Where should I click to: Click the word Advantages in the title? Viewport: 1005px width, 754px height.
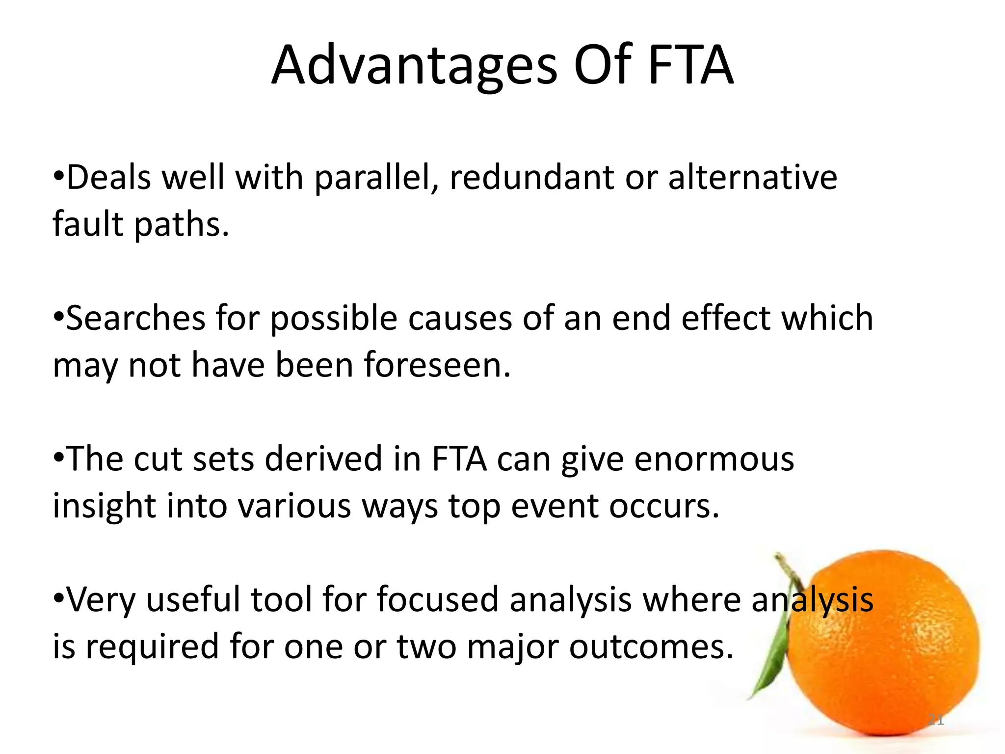[x=415, y=66]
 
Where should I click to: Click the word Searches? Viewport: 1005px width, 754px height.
[x=135, y=318]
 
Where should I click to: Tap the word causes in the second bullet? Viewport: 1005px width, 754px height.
[x=460, y=318]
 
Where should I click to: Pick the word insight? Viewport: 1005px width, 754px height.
[x=104, y=506]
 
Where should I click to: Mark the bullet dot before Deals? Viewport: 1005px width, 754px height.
[x=58, y=176]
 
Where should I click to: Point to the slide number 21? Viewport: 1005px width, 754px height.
[x=936, y=720]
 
